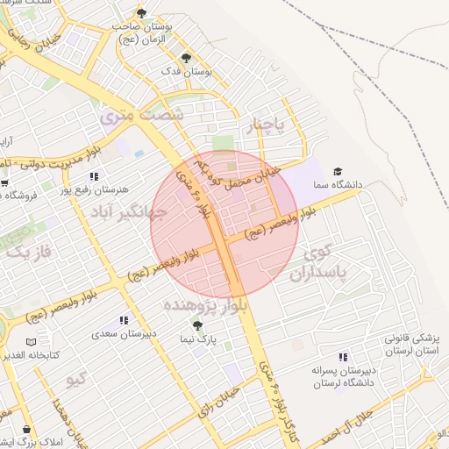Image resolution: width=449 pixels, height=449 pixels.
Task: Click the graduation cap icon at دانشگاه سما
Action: point(339,171)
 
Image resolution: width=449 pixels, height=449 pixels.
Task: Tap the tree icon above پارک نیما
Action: point(196,324)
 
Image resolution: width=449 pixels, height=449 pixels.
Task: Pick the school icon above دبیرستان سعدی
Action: point(125,320)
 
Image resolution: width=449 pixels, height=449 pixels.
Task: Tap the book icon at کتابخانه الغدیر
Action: point(32,341)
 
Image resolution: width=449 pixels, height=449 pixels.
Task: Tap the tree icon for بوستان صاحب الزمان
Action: point(142,12)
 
